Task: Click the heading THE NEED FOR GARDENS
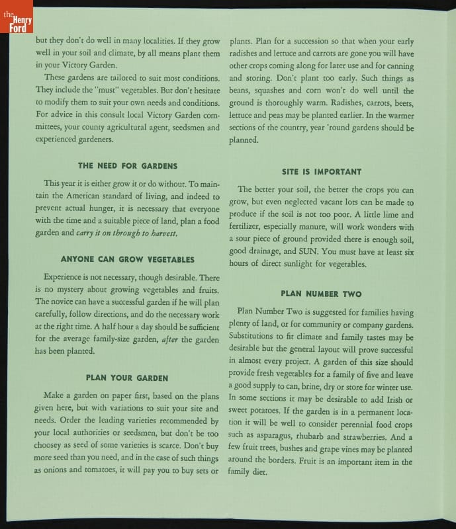(x=127, y=165)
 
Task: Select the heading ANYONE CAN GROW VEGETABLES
(x=127, y=259)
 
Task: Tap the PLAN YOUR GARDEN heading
(x=127, y=378)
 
